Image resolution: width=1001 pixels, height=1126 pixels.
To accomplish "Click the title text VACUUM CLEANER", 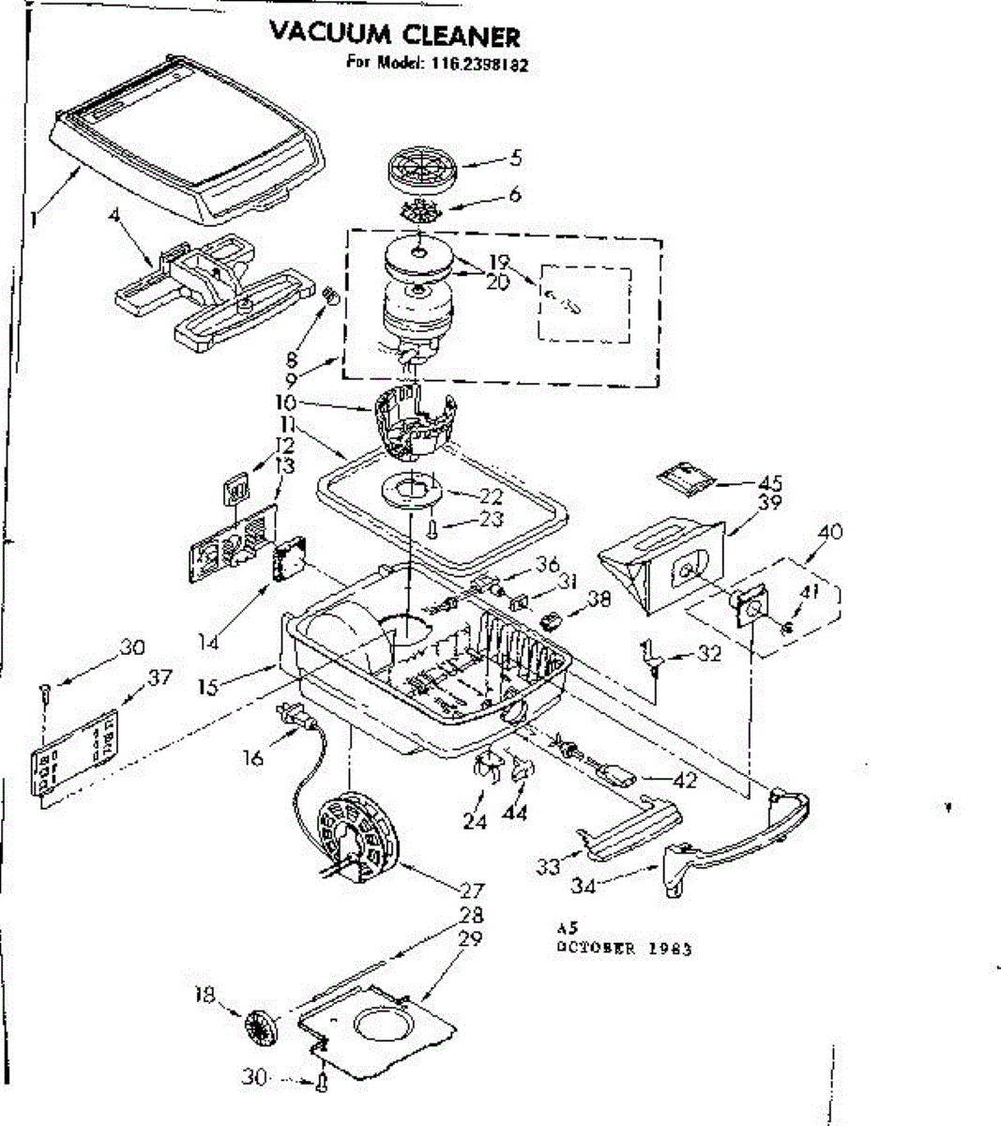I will point(394,36).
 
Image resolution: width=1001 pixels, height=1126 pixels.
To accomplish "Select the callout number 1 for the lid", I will point(34,220).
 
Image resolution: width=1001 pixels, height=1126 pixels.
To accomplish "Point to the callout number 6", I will point(515,195).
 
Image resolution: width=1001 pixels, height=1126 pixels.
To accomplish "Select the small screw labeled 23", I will point(431,528).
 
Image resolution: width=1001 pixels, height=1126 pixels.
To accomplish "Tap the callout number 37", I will point(160,677).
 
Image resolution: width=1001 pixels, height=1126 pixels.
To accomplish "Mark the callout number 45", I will point(771,483).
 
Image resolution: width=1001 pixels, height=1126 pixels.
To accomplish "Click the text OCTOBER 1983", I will point(625,948).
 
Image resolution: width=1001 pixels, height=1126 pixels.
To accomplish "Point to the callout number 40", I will point(829,531).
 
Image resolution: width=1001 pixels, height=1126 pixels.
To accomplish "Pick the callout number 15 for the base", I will point(208,688).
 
